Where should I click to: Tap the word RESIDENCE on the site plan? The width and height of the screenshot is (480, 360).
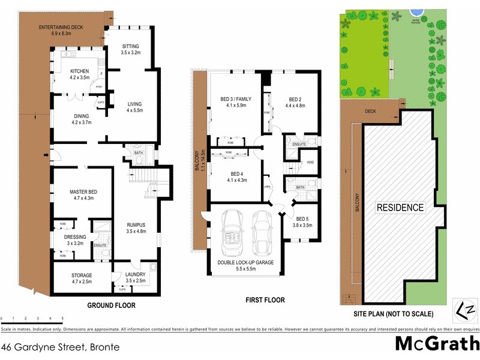[x=400, y=208]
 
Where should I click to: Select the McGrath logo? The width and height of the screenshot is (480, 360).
[x=437, y=344]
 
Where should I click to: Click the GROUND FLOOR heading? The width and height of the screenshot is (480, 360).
[x=112, y=305]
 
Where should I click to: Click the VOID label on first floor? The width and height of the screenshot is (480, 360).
[x=310, y=163]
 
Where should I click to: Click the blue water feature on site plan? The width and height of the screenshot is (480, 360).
[x=415, y=11]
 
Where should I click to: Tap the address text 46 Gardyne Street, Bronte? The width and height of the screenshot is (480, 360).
[x=60, y=346]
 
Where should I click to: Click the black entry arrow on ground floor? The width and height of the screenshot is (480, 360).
[x=46, y=157]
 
